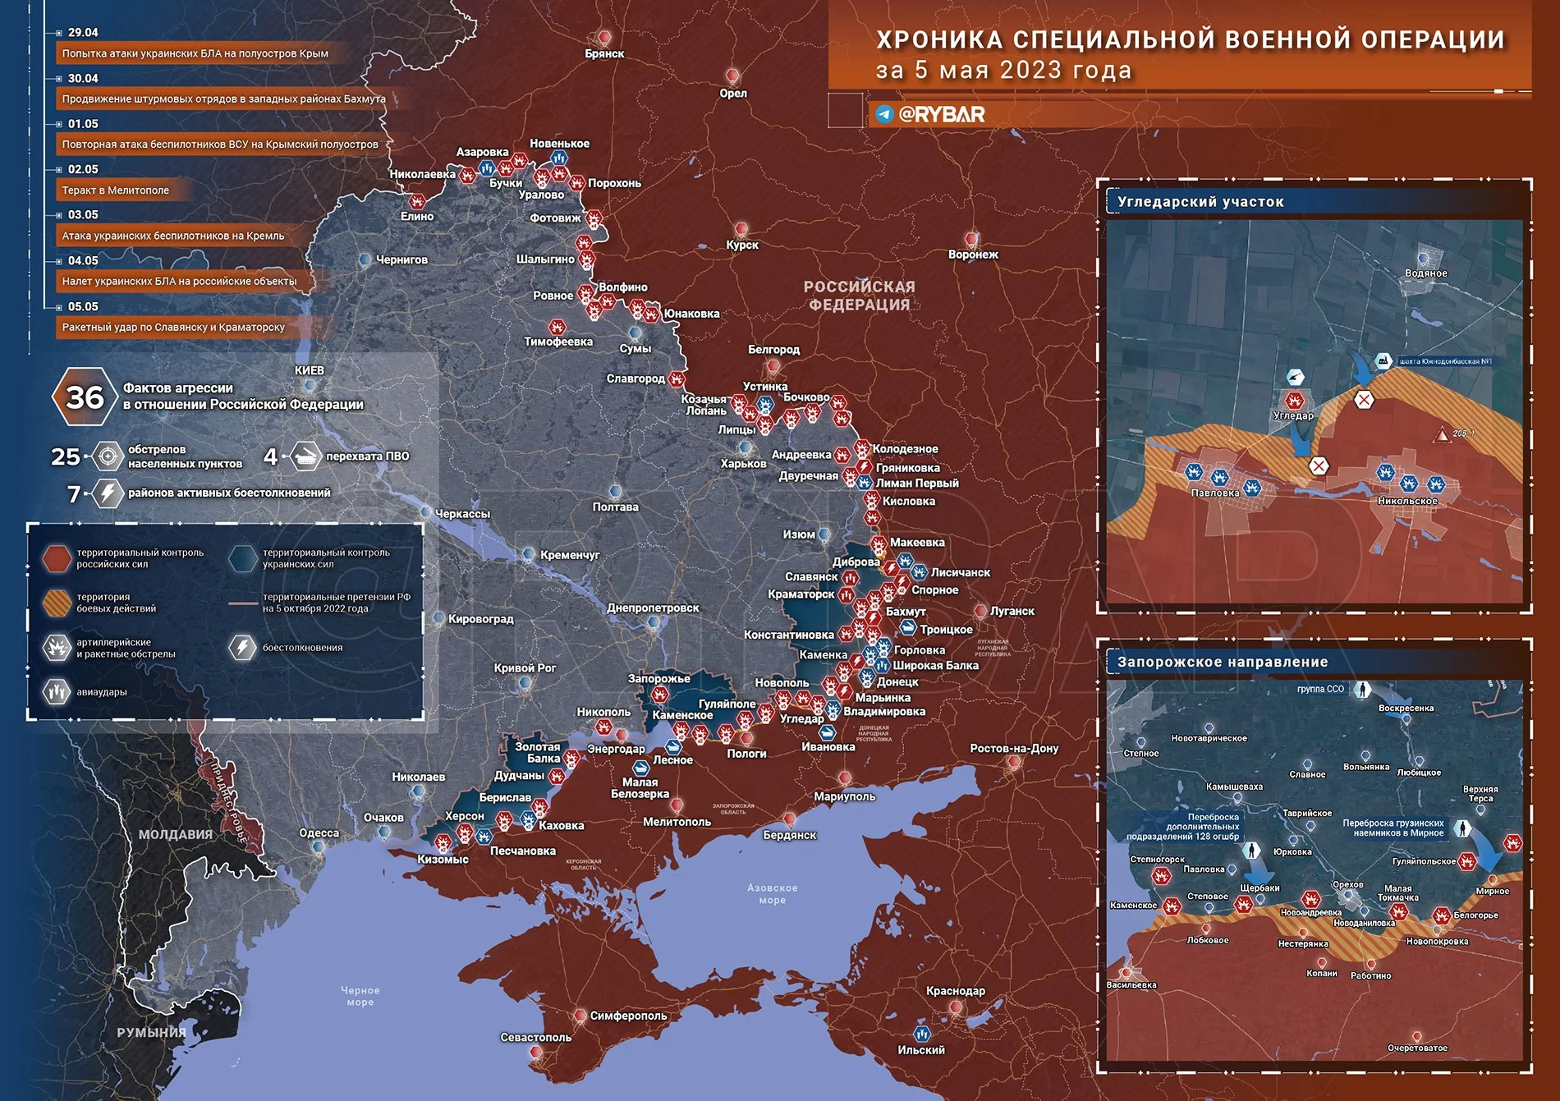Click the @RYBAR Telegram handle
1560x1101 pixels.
(x=941, y=114)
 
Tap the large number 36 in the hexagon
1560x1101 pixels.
(x=85, y=397)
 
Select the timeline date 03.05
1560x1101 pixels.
(x=83, y=215)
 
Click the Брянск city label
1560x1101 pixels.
(x=604, y=54)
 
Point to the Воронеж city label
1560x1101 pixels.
(x=973, y=255)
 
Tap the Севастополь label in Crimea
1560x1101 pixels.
(x=535, y=1037)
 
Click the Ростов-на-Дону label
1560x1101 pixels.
(x=1014, y=748)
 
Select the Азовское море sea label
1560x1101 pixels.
(x=772, y=893)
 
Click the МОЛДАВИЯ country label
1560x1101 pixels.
(x=176, y=834)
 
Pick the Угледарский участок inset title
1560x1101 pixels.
(x=1200, y=202)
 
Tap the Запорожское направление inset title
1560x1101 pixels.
(x=1223, y=662)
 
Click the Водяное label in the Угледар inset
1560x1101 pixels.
(x=1425, y=273)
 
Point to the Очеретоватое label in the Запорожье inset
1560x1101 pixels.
(x=1417, y=1048)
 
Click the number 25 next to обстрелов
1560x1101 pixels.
(x=66, y=456)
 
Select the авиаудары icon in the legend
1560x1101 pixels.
(x=57, y=692)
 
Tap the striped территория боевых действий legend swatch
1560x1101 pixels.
(x=57, y=603)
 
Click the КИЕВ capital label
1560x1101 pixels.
(x=310, y=370)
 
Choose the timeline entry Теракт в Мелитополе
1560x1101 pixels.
(x=116, y=190)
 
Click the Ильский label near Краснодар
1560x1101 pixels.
(x=921, y=1050)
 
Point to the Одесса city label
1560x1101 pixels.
(x=319, y=833)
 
